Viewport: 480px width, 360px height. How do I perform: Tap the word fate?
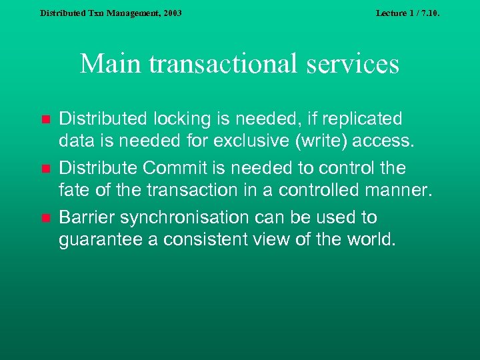click(75, 191)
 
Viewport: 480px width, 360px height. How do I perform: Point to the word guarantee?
click(101, 240)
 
